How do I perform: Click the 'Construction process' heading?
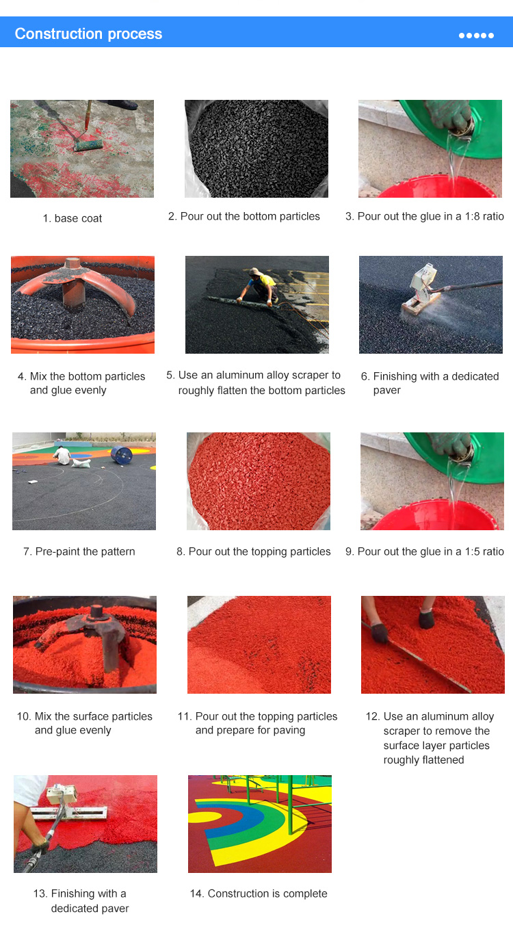click(88, 34)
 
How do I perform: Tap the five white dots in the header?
click(476, 36)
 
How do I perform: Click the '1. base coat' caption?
click(72, 218)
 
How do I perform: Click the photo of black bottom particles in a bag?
click(256, 148)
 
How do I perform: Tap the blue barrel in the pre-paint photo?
click(122, 455)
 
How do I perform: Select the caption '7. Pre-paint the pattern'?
click(79, 551)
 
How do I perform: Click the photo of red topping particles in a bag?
click(259, 482)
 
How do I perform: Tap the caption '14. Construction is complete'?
click(259, 893)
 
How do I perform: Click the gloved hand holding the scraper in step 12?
click(380, 633)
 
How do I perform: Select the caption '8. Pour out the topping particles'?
click(253, 551)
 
